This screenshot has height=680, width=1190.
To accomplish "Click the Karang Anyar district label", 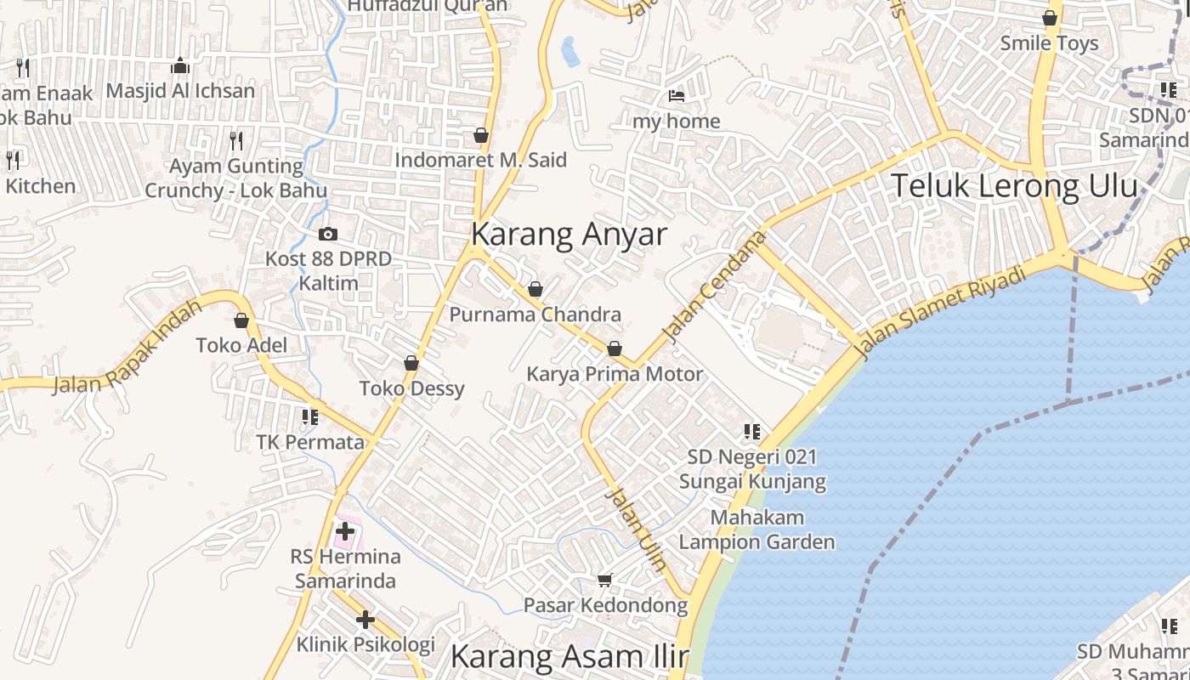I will pyautogui.click(x=569, y=235).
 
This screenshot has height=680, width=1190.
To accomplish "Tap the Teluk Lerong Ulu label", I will pyautogui.click(x=1014, y=186).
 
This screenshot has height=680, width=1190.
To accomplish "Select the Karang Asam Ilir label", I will pyautogui.click(x=569, y=657).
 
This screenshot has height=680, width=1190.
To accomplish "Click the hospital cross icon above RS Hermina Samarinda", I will pyautogui.click(x=344, y=532).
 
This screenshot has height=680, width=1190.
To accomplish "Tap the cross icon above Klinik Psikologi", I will pyautogui.click(x=365, y=620).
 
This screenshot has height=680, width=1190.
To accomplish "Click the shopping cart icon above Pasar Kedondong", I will pyautogui.click(x=604, y=580).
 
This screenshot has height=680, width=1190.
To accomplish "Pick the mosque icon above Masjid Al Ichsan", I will pyautogui.click(x=180, y=65).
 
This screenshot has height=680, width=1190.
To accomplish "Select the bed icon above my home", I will pyautogui.click(x=677, y=95).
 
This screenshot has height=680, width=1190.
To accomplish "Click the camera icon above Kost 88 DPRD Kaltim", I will pyautogui.click(x=327, y=234).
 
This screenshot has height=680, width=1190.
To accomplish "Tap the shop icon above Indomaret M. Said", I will pyautogui.click(x=481, y=135).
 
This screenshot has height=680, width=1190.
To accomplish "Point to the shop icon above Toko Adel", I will pyautogui.click(x=241, y=320).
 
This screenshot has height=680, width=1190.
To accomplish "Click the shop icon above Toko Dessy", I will pyautogui.click(x=411, y=363).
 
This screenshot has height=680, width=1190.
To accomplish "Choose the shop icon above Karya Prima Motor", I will pyautogui.click(x=615, y=348).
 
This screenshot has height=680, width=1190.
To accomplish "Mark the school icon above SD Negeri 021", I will pyautogui.click(x=751, y=432).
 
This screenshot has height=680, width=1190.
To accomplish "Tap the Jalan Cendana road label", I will pyautogui.click(x=708, y=289).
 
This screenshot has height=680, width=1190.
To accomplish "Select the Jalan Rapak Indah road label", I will pyautogui.click(x=128, y=348).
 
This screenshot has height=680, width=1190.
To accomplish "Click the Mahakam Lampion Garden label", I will pyautogui.click(x=756, y=530).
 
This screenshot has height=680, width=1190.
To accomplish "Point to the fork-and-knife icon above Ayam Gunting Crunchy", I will pyautogui.click(x=236, y=140).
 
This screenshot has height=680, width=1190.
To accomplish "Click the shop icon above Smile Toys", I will pyautogui.click(x=1050, y=18).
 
